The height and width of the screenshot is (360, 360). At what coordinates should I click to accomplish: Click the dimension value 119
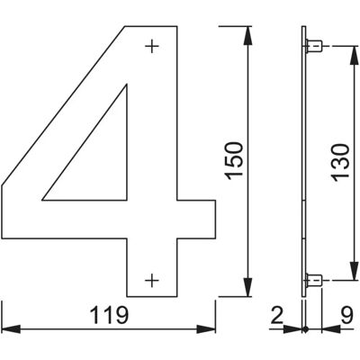pyautogui.click(x=109, y=315)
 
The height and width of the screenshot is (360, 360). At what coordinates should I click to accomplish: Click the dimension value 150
pyautogui.click(x=235, y=161)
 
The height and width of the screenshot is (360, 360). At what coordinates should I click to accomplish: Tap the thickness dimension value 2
pyautogui.click(x=276, y=315)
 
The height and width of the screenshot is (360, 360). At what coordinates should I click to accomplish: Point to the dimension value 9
pyautogui.click(x=346, y=315)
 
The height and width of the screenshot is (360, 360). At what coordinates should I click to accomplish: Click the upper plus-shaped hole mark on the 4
pyautogui.click(x=152, y=46)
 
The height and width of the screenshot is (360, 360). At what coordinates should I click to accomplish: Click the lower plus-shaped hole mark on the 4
pyautogui.click(x=152, y=281)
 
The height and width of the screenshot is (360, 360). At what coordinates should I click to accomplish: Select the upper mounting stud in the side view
pyautogui.click(x=314, y=46)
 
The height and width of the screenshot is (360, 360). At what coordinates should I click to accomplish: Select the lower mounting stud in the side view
pyautogui.click(x=314, y=281)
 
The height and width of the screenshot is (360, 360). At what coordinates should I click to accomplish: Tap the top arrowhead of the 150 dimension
pyautogui.click(x=247, y=36)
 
